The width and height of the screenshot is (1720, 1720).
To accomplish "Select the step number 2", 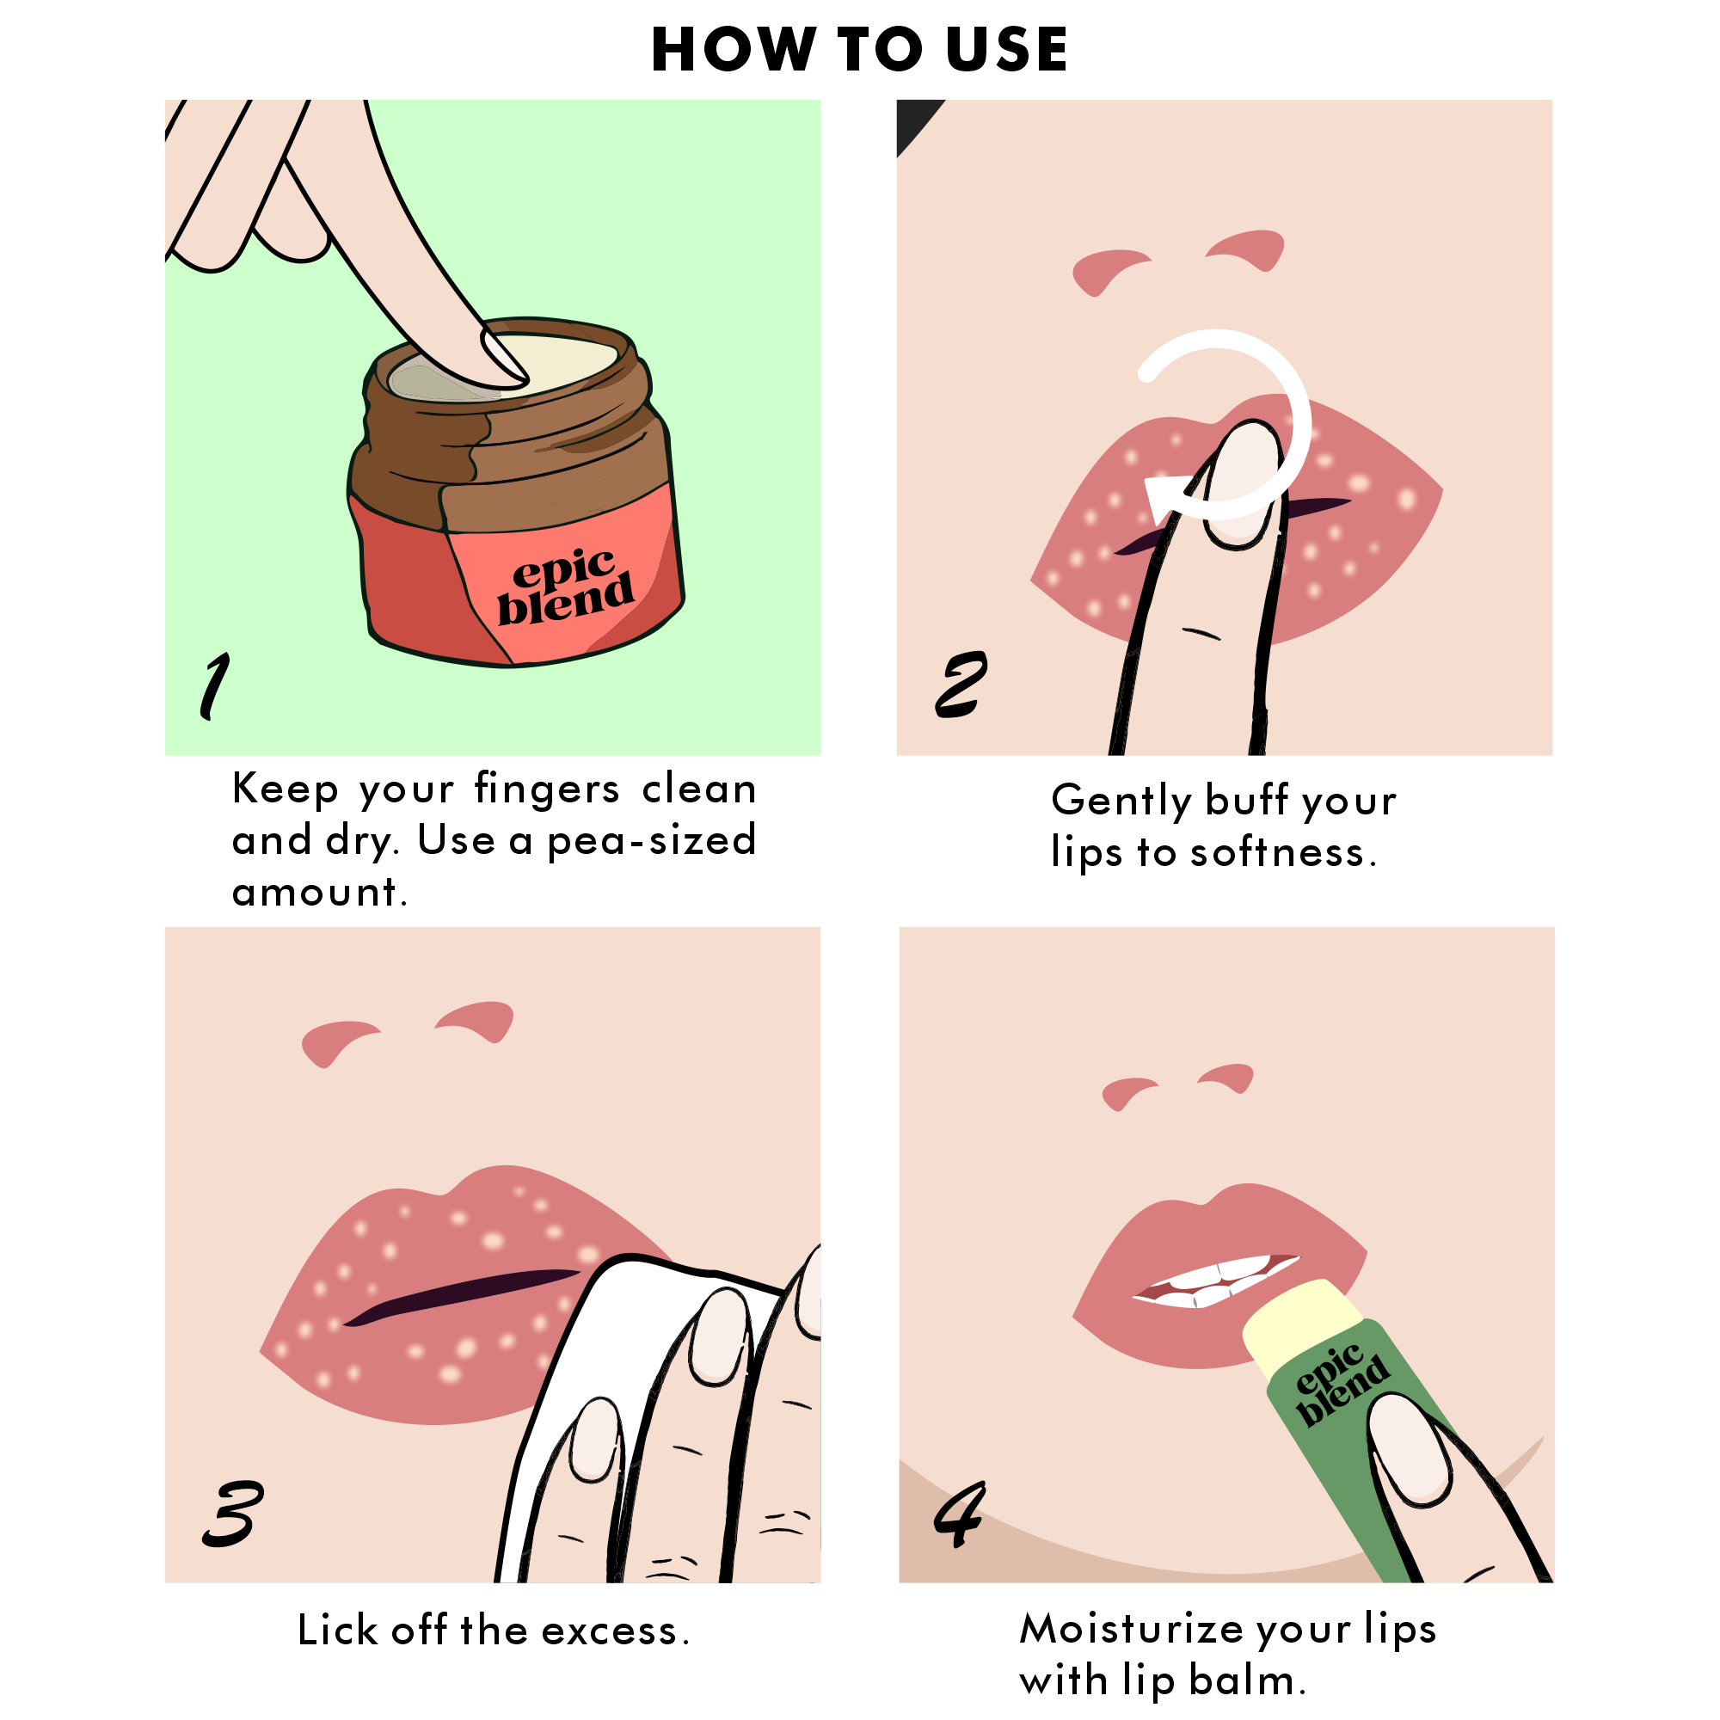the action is point(961,684).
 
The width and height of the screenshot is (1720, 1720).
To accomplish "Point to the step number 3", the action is point(232,1514).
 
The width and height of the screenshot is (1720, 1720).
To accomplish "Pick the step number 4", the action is point(960,1514).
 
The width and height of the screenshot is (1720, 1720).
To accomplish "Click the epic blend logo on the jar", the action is point(564,586).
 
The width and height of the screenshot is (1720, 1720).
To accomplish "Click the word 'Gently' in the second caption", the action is point(1121,801).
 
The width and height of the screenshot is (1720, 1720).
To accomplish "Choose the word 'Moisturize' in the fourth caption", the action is point(1132,1628).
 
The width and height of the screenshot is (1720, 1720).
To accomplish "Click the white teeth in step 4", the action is point(1216,1281).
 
